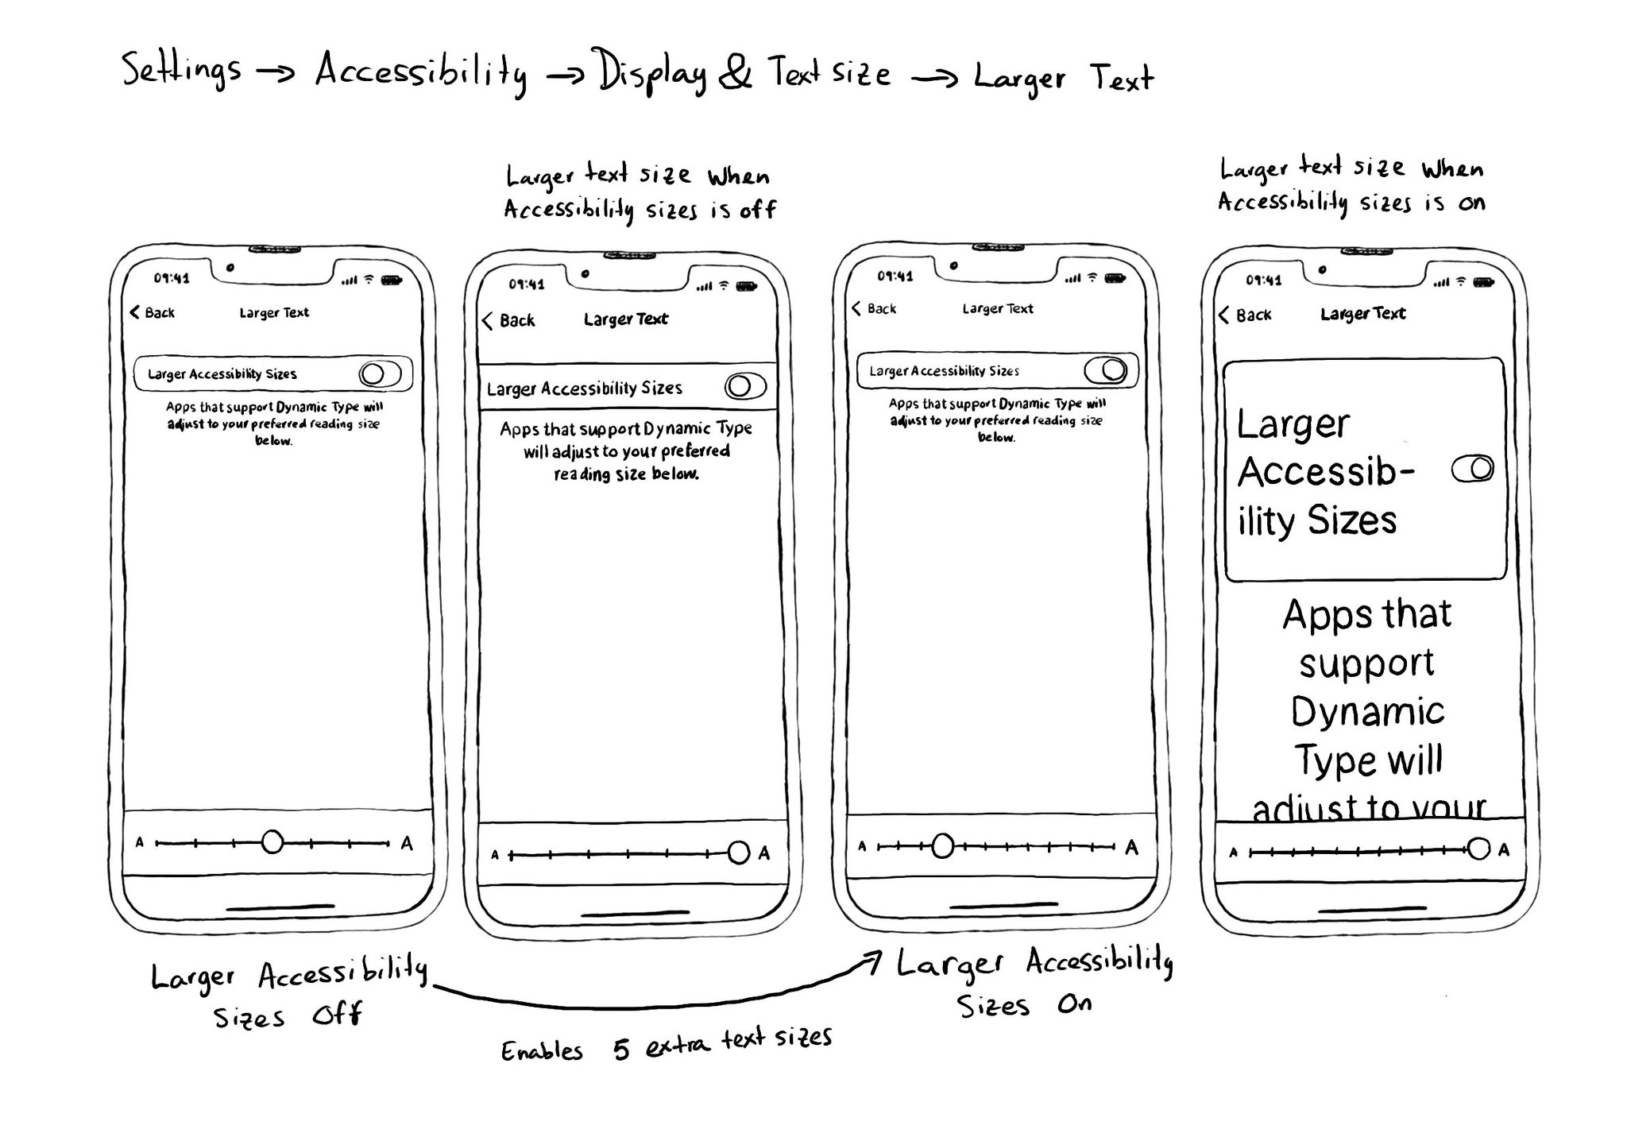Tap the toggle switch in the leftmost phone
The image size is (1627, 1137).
pyautogui.click(x=380, y=373)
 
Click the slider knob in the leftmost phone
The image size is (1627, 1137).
pyautogui.click(x=272, y=841)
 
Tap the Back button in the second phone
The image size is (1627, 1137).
pyautogui.click(x=508, y=320)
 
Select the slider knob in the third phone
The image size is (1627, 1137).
pyautogui.click(x=942, y=846)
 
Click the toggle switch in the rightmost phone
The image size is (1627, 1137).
pyautogui.click(x=1473, y=469)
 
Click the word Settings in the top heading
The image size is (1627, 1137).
pyautogui.click(x=181, y=70)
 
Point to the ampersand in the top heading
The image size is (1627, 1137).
pyautogui.click(x=735, y=72)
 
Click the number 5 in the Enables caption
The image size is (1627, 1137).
pyautogui.click(x=621, y=1050)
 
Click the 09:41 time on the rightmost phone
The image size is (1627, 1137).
pyautogui.click(x=1263, y=280)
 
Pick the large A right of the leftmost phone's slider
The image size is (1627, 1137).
pyautogui.click(x=407, y=843)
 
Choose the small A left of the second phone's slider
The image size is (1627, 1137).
pyautogui.click(x=495, y=855)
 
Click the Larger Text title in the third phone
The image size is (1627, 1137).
pyautogui.click(x=998, y=308)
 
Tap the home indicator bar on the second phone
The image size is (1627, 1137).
pyautogui.click(x=635, y=914)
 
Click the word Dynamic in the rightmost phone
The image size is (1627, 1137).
pyautogui.click(x=1367, y=711)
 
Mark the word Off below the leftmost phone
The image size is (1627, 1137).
pyautogui.click(x=338, y=1015)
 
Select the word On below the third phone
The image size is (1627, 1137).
pyautogui.click(x=1075, y=1004)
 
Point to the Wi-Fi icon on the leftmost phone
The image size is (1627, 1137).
pyautogui.click(x=369, y=280)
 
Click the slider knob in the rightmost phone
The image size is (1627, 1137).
pyautogui.click(x=1478, y=849)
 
